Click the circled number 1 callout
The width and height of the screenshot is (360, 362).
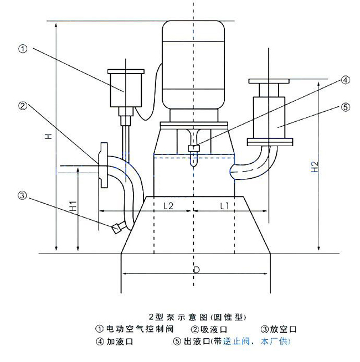coord(23,49)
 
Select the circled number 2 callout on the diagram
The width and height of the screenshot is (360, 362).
coord(23,105)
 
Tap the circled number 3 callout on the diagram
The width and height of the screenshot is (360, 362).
coord(23,195)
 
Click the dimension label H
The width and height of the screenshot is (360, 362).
coord(49,137)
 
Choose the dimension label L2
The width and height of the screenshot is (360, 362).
coord(169,206)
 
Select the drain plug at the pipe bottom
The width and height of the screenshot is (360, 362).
coord(117,227)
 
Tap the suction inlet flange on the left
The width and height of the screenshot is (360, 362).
coord(102,165)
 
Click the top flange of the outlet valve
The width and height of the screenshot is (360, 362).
coord(269,82)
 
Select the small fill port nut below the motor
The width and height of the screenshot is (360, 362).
coord(193,148)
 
